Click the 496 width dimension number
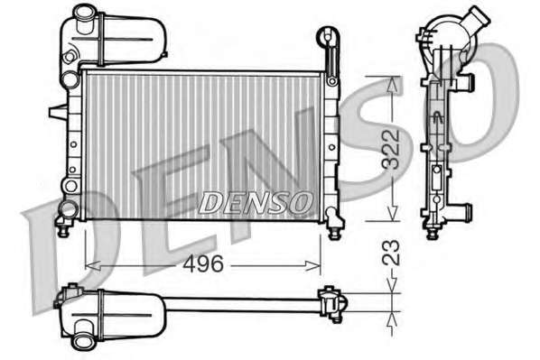(x=203, y=264)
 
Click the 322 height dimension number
(x=391, y=150)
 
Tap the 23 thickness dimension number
(x=391, y=253)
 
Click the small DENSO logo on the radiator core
(x=256, y=203)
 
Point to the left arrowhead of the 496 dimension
(x=92, y=265)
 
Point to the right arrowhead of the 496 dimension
(x=312, y=265)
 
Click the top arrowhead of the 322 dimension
(x=392, y=85)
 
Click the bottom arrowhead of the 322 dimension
(x=392, y=213)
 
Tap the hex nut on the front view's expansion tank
(x=70, y=57)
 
